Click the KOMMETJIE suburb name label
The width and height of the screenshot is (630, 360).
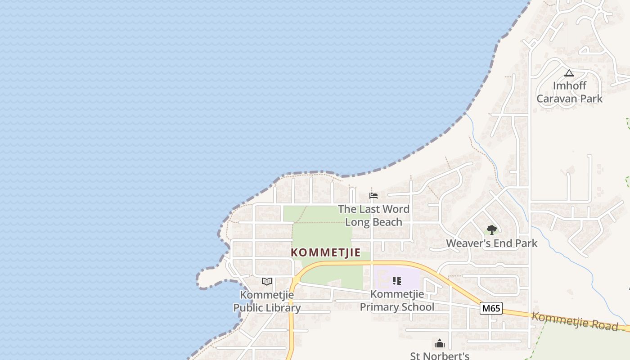[326, 252]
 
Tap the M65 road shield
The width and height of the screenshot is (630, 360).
[490, 308]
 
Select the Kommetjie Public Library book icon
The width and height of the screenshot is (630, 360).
[267, 282]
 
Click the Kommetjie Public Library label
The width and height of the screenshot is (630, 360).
[267, 301]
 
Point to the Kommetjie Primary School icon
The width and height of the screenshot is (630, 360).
[396, 281]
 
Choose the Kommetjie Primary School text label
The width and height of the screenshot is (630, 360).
[397, 301]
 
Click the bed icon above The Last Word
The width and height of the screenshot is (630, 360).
[373, 196]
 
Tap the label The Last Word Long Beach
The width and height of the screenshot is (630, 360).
[373, 216]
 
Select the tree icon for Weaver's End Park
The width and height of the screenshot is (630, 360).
[491, 230]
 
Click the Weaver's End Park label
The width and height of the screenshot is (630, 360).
[491, 243]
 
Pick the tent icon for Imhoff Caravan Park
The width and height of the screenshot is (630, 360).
[569, 73]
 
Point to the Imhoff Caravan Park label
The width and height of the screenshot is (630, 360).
[569, 92]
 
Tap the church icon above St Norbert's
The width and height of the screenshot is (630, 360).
[440, 344]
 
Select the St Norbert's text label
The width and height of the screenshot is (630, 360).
[440, 356]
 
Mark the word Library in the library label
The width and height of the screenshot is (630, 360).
[283, 308]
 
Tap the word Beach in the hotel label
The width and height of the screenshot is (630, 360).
[387, 222]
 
